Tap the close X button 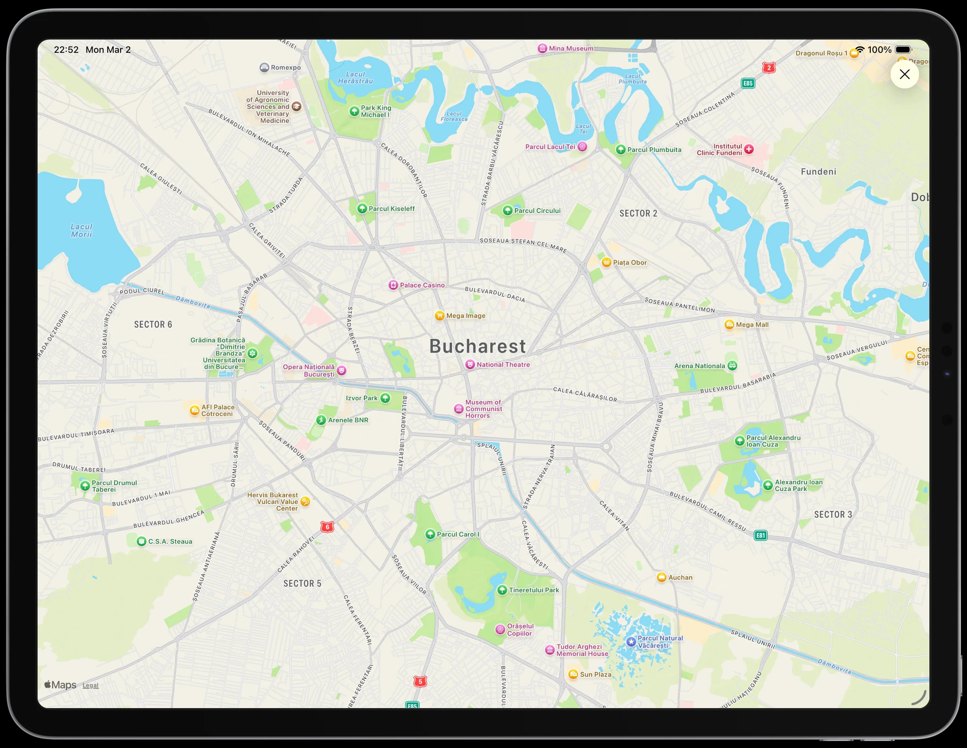(904, 74)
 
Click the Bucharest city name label (477, 346)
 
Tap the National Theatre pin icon (470, 365)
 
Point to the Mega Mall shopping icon (729, 324)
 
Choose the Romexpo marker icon (264, 67)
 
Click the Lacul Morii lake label (81, 230)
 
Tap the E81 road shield (760, 535)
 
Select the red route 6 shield (327, 527)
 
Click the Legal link (90, 685)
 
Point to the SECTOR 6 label (153, 324)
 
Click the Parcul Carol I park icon (430, 534)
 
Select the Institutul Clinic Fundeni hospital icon (749, 149)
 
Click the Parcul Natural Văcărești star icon (631, 641)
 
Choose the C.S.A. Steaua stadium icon (141, 541)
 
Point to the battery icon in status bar (903, 50)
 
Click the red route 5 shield (420, 682)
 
